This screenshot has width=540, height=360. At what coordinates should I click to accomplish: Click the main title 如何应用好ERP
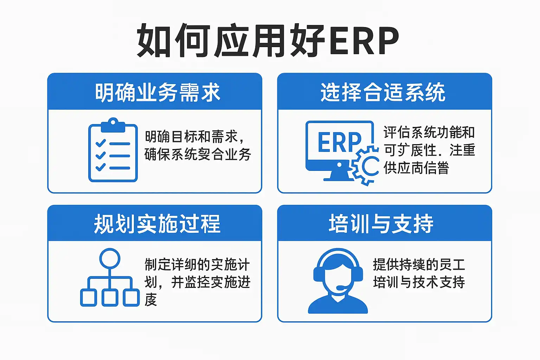click(268, 40)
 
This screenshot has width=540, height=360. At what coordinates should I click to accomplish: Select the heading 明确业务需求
click(157, 93)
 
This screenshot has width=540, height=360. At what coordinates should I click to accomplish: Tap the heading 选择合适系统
click(383, 93)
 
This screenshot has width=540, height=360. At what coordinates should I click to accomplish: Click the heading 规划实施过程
click(157, 224)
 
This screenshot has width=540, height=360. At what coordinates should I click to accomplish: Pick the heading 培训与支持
click(381, 224)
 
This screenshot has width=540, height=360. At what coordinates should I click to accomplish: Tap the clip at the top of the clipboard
click(113, 125)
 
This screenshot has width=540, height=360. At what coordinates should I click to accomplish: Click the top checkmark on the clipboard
click(101, 143)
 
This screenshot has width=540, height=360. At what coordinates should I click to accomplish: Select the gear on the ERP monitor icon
click(366, 166)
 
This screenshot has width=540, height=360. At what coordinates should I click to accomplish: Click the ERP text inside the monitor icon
click(339, 143)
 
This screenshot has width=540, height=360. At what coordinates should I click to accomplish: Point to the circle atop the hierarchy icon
click(110, 258)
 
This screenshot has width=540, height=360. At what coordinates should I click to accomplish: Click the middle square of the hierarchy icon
click(110, 297)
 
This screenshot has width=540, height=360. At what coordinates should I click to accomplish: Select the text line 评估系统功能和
click(429, 133)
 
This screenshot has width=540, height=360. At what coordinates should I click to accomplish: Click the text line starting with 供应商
click(416, 168)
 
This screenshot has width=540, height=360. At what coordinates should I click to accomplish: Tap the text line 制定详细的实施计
click(197, 265)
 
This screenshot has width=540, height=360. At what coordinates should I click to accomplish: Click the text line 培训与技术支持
click(419, 282)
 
